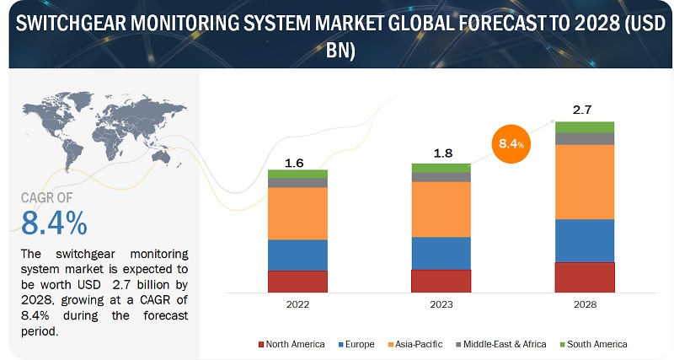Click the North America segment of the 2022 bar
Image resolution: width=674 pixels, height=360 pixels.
[x=297, y=282]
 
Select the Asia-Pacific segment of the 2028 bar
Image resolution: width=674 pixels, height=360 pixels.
[x=585, y=182]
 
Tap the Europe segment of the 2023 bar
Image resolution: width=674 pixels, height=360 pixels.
[x=441, y=253]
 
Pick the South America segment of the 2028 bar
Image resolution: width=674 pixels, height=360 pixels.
[x=585, y=127]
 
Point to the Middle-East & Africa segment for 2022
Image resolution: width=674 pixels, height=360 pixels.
[x=297, y=182]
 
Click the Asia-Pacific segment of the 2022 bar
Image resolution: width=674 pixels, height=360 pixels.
[x=297, y=213]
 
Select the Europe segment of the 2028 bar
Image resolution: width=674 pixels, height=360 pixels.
[x=585, y=240]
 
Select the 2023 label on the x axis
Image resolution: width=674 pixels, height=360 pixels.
[x=441, y=304]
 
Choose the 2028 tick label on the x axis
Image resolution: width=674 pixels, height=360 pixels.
[x=585, y=304]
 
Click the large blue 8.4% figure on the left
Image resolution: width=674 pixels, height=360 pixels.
[x=54, y=223]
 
